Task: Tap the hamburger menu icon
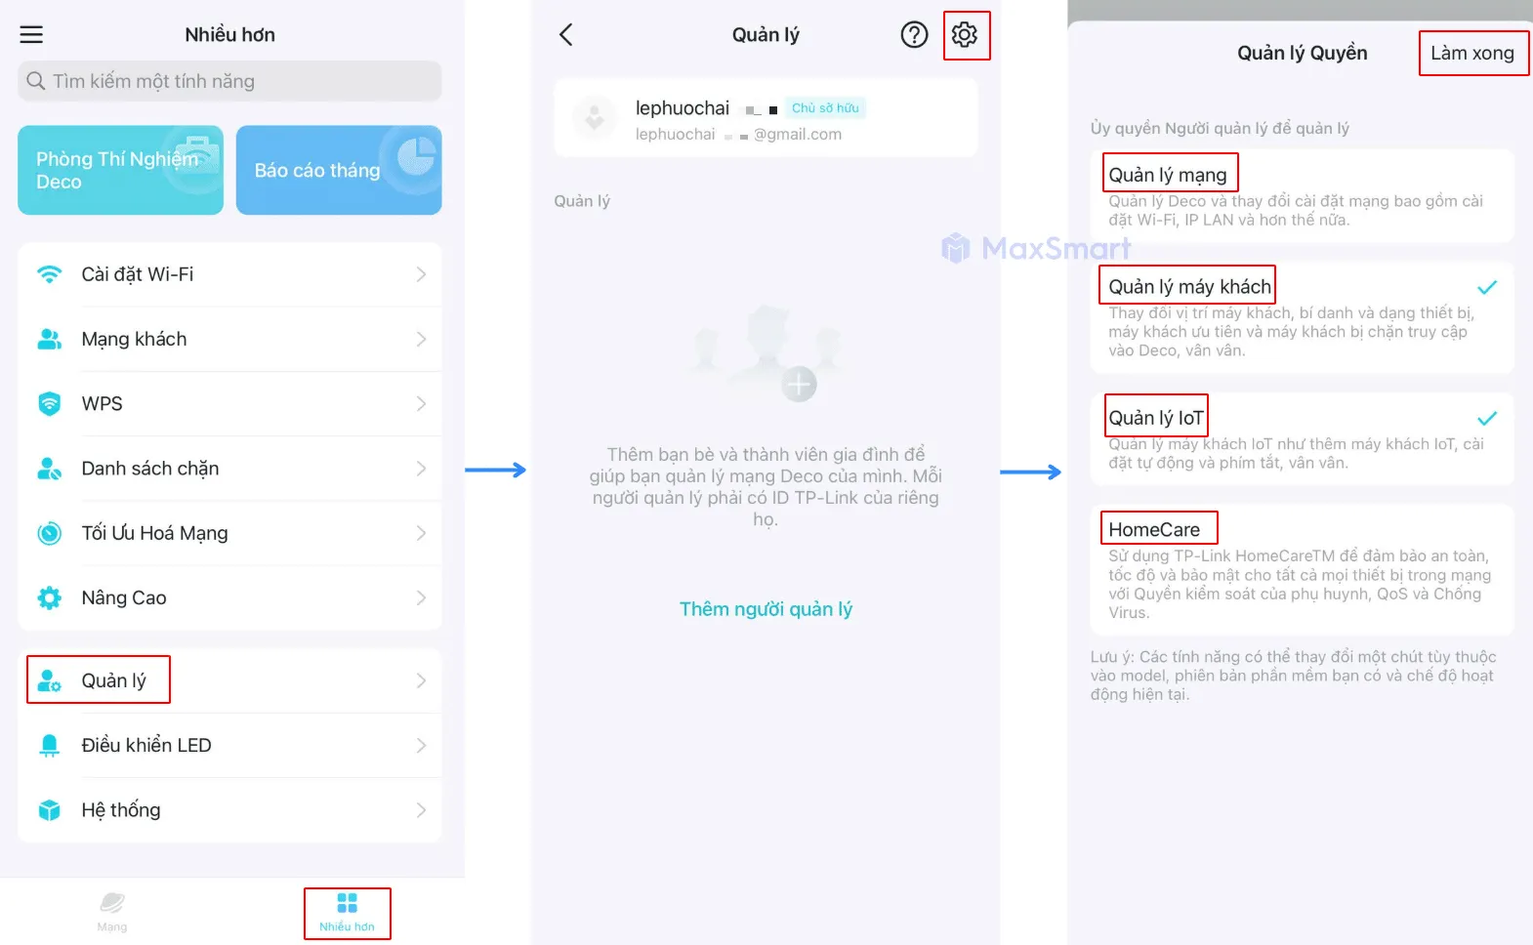point(31,34)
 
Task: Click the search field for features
point(229,81)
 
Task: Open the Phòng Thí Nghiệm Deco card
point(120,170)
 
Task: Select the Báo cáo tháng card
point(339,170)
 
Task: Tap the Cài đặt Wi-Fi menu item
point(229,274)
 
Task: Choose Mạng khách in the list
point(229,339)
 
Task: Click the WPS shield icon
point(49,404)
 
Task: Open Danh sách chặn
point(229,468)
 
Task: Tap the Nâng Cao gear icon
point(49,598)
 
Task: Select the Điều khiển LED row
point(229,745)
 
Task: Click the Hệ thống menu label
point(121,810)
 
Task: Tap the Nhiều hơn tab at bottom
point(347,913)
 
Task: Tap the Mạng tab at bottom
point(112,913)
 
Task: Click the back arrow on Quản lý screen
point(566,34)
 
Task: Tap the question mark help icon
point(914,34)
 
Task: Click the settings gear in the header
point(965,34)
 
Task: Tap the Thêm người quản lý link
point(766,609)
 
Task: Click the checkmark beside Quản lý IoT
point(1486,418)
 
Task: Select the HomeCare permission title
point(1154,530)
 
